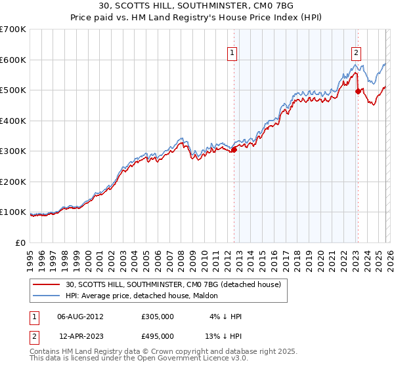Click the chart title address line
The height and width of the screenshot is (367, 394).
click(x=196, y=7)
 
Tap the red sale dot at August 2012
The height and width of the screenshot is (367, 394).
click(x=234, y=149)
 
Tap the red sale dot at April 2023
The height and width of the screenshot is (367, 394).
click(x=358, y=92)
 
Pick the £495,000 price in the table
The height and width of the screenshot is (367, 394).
click(x=157, y=336)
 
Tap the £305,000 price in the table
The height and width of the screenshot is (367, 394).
click(x=157, y=316)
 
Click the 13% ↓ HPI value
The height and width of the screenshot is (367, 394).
click(x=223, y=336)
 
